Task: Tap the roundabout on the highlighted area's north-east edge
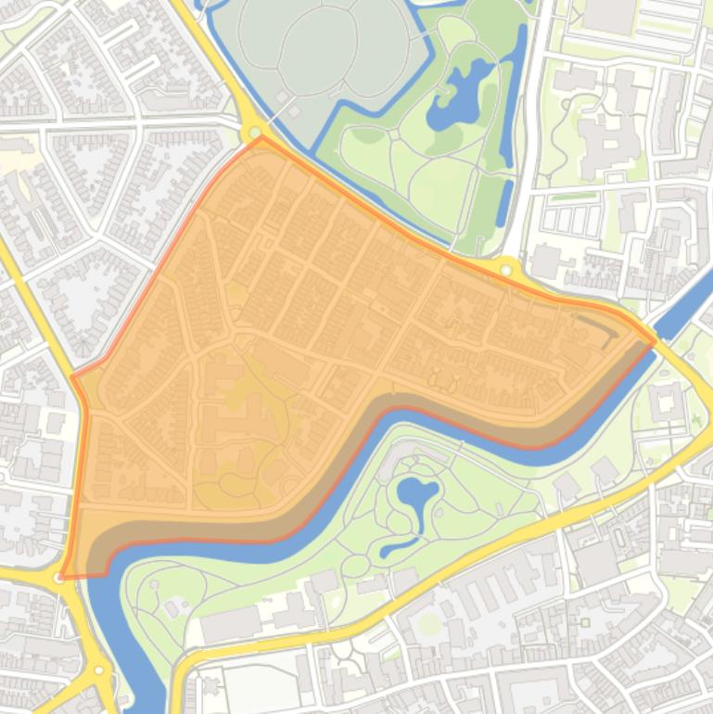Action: tap(505, 270)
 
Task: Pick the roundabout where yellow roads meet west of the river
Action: tap(98, 669)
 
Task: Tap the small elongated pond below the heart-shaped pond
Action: tap(400, 546)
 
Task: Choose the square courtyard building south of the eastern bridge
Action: tap(665, 402)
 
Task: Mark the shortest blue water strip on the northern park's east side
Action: tap(503, 208)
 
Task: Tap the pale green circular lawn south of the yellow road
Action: tap(428, 624)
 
